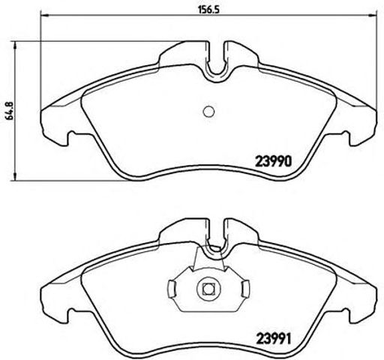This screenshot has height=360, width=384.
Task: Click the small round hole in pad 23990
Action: (x=209, y=112)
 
